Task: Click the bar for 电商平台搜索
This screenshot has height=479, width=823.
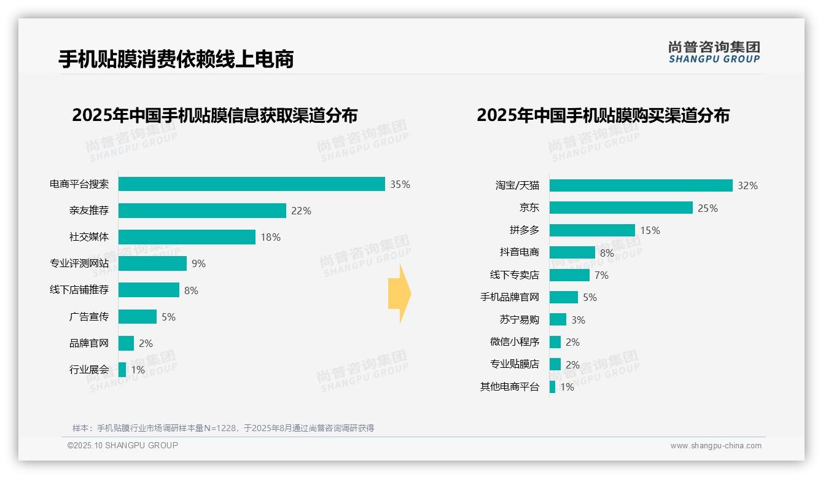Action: [251, 184]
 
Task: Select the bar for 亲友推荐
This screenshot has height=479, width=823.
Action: [202, 211]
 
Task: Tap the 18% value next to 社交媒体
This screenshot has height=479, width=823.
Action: [270, 238]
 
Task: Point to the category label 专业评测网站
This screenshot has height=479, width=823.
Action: [79, 263]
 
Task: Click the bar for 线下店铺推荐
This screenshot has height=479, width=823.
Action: [149, 290]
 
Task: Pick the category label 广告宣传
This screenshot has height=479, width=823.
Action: [89, 317]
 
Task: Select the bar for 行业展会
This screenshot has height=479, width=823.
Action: [122, 370]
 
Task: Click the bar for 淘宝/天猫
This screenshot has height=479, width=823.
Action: [641, 185]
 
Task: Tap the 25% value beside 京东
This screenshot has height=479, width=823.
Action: [708, 208]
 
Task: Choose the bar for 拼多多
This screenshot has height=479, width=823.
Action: [592, 230]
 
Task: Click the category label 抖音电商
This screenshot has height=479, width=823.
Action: [519, 252]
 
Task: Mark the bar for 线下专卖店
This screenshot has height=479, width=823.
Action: [569, 275]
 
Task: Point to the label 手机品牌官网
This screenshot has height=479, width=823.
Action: [509, 297]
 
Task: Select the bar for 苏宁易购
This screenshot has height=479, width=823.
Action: [558, 319]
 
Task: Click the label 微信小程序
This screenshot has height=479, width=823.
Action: [514, 342]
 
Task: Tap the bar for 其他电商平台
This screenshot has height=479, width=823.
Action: [552, 387]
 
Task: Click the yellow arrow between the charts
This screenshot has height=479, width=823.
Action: [400, 294]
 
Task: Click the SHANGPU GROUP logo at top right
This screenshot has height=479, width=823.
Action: [714, 52]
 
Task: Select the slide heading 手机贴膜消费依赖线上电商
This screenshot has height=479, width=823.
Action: [176, 59]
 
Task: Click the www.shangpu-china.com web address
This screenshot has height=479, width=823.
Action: [716, 446]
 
